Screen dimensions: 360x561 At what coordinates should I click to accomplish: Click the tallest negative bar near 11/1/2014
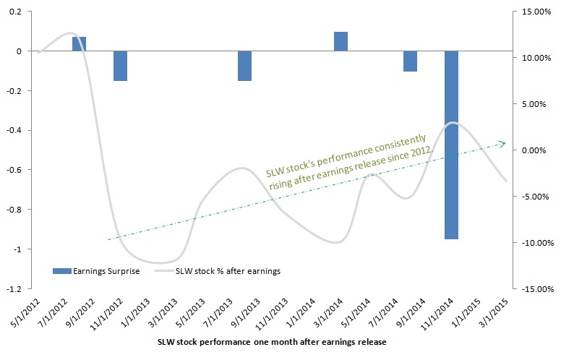[451, 145]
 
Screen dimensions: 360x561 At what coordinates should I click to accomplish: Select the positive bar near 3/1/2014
[341, 42]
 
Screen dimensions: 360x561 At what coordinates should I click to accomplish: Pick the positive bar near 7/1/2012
[79, 44]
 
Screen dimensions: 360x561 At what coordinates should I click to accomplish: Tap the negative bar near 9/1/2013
[244, 66]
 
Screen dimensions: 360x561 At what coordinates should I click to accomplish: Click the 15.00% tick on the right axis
[533, 12]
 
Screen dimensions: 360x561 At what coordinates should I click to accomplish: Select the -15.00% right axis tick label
[531, 288]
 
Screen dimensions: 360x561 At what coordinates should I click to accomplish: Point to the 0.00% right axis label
[534, 150]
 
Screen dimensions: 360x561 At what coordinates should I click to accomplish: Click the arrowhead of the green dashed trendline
[502, 143]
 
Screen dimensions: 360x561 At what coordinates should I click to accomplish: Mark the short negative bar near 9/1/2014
[410, 61]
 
